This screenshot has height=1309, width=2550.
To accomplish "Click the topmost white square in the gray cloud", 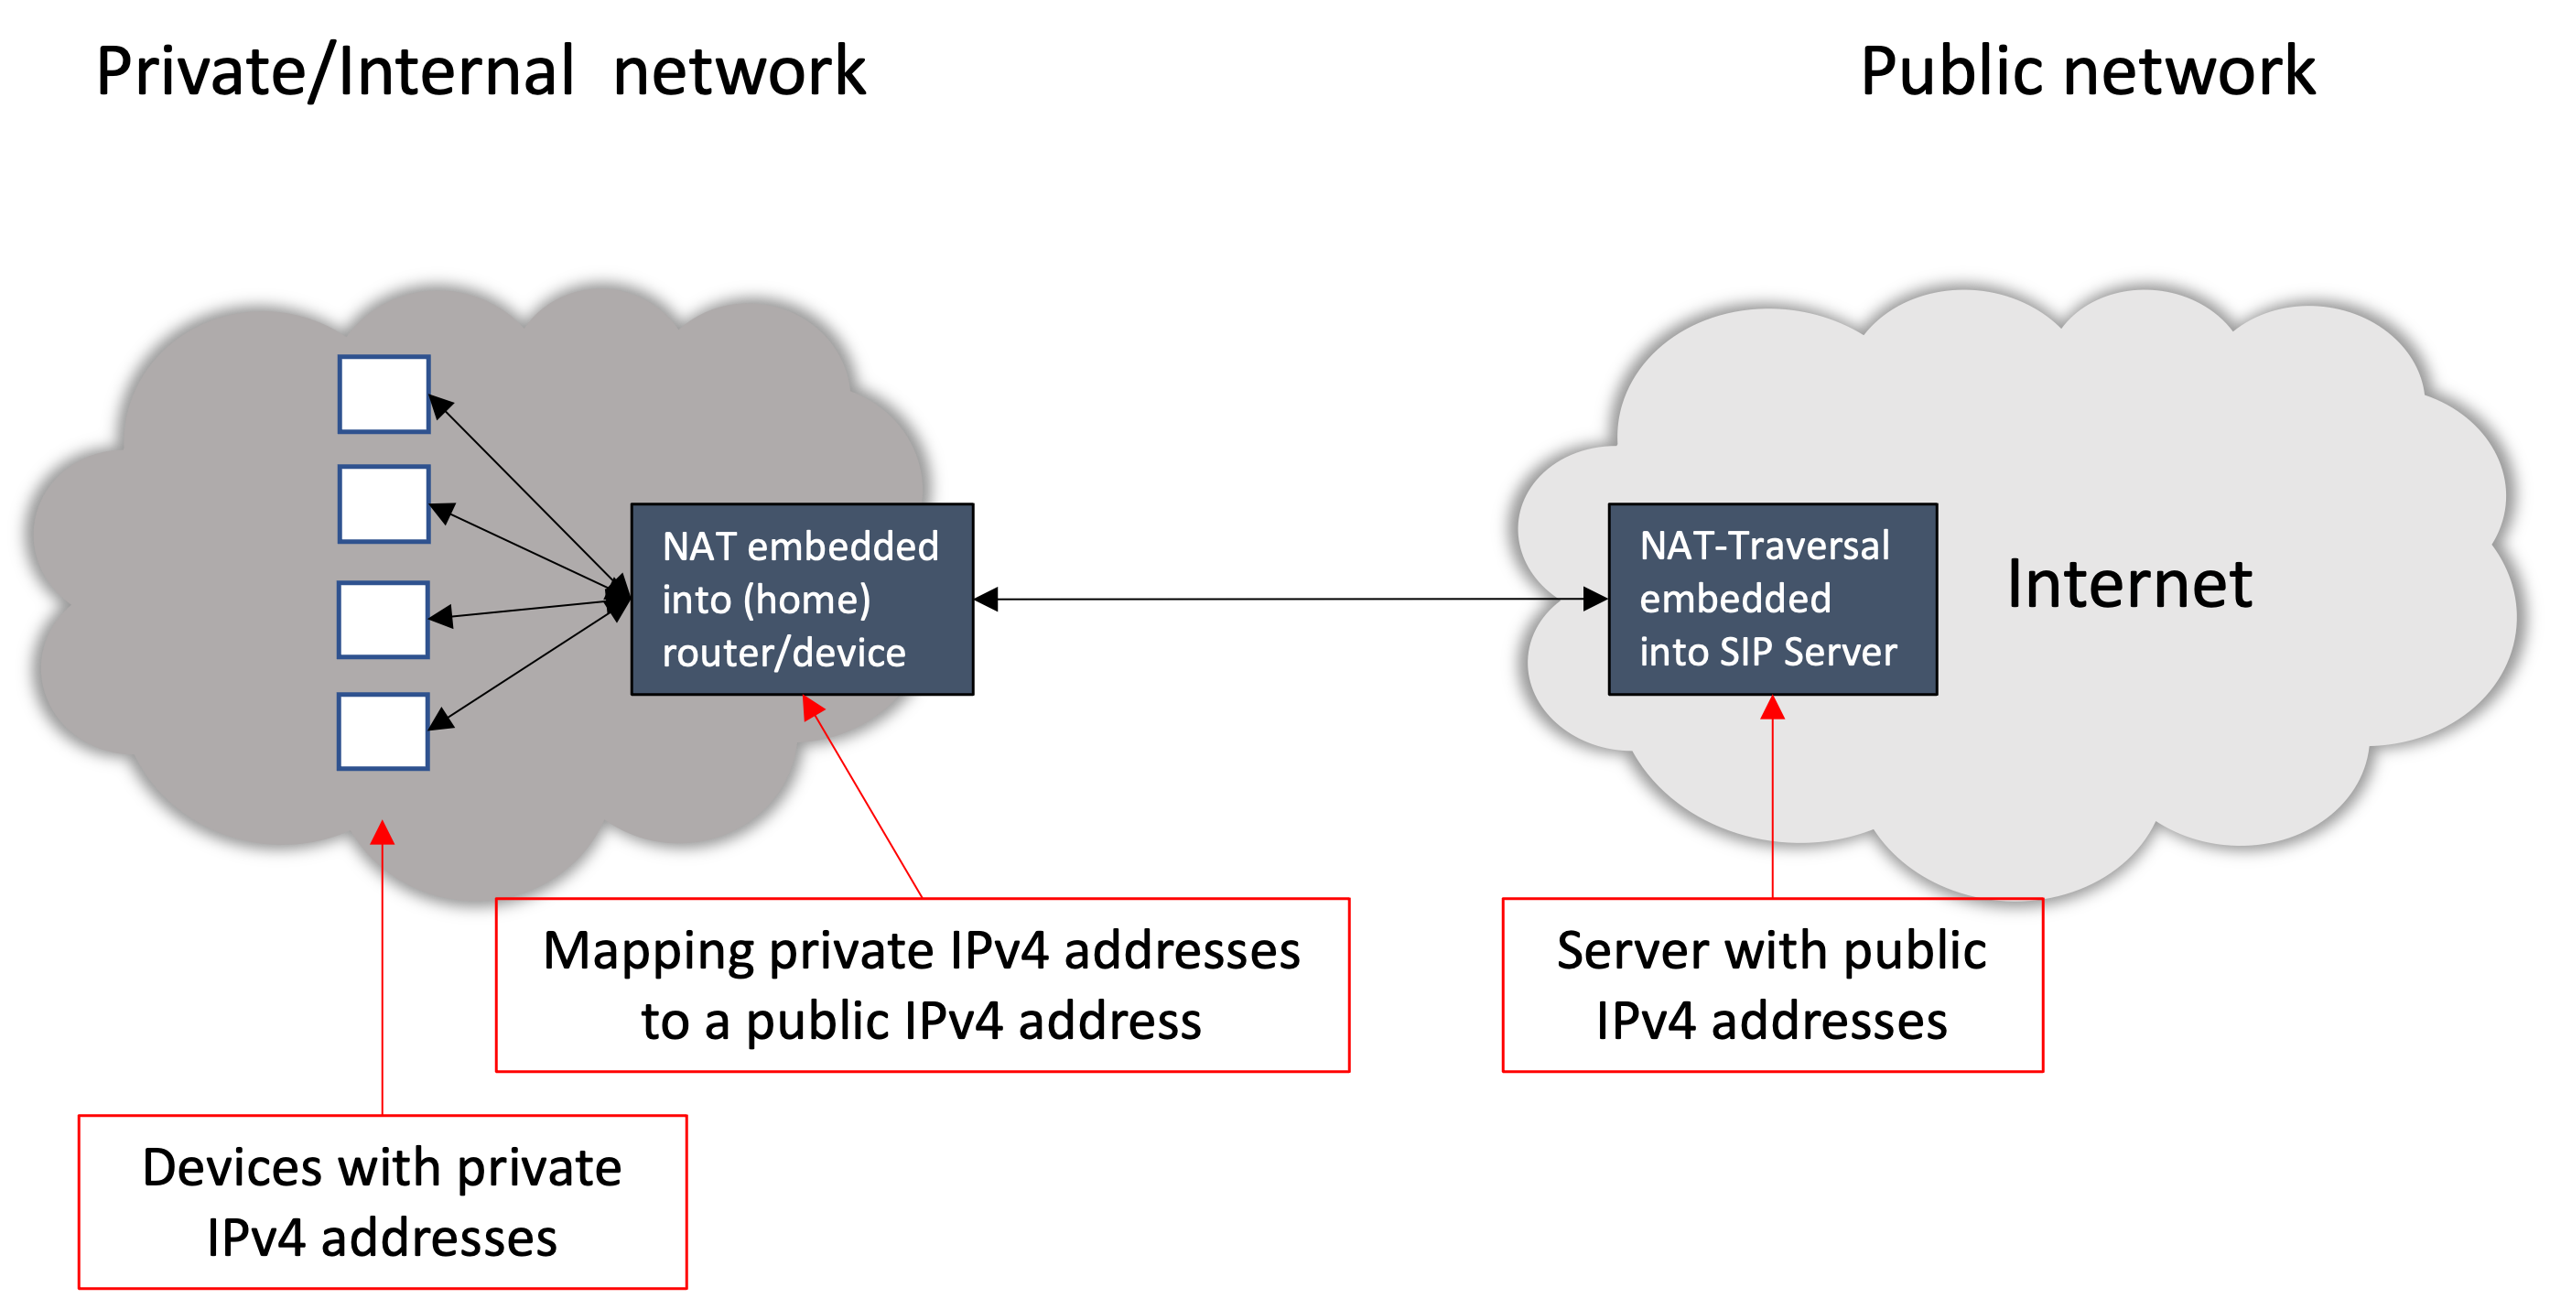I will point(384,395).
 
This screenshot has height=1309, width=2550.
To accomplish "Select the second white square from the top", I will point(384,504).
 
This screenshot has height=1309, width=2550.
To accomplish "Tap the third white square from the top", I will point(384,620).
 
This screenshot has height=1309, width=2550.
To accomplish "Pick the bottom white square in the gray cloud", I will point(384,731).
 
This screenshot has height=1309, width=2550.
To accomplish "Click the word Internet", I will point(2128,584).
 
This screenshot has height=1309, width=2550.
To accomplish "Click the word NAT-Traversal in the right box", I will point(1764,546).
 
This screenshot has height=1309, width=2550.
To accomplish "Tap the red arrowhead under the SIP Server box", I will point(1772,708).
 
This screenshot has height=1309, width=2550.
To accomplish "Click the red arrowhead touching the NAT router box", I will point(813,707).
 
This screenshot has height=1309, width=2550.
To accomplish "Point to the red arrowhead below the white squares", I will point(382,833).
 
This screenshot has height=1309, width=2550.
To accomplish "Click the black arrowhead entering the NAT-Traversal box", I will point(1593,598).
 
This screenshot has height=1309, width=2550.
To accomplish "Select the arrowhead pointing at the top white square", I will point(440,405).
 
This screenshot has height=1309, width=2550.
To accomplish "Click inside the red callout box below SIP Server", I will point(1772,984).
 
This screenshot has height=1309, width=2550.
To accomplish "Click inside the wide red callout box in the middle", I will point(922,984).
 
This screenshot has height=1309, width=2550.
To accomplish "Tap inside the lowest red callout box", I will point(382,1201).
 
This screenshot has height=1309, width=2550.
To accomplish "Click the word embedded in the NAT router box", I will point(842,546).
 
